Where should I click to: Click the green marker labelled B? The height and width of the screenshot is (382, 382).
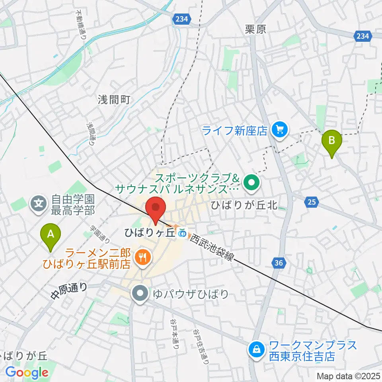[333, 143]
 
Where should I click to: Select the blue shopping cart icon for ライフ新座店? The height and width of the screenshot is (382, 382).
[279, 130]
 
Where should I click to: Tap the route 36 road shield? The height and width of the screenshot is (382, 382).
[279, 262]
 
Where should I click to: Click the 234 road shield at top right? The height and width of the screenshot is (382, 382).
[362, 36]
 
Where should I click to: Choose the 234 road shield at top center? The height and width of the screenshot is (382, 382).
[181, 19]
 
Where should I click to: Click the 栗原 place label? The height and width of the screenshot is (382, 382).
[255, 29]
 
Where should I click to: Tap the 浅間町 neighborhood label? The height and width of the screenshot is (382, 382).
[114, 99]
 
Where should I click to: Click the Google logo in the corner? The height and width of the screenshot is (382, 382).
[27, 372]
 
